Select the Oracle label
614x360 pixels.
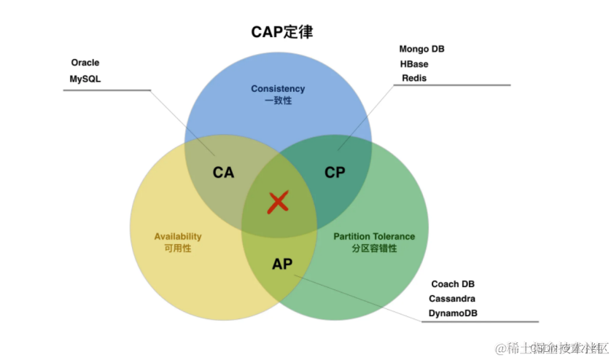pos(85,63)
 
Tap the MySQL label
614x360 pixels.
pos(85,78)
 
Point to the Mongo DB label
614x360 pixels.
pos(421,49)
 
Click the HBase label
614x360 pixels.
pos(413,63)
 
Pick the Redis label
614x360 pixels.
pos(413,78)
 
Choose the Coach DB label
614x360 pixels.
pos(453,284)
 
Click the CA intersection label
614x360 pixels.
pos(223,173)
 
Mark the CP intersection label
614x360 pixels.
pos(335,173)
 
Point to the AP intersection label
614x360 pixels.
pos(282,264)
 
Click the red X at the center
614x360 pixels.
pos(277,203)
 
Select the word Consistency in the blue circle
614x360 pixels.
pos(278,89)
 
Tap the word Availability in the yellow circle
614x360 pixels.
pos(178,237)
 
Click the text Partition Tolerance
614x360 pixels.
pos(374,237)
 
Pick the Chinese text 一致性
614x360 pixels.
pos(278,101)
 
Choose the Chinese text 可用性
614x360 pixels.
pos(177,249)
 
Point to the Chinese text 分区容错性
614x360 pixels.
pos(374,249)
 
